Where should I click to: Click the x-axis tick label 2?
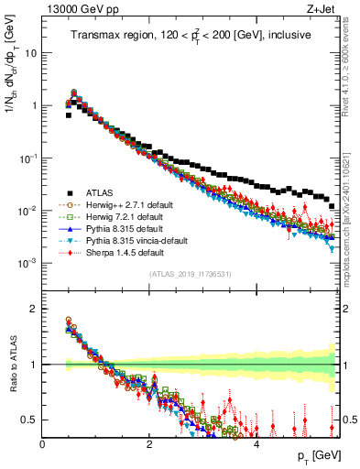149,443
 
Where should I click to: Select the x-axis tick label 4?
256,443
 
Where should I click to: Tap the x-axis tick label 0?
42,443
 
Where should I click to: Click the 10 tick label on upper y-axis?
29,53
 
